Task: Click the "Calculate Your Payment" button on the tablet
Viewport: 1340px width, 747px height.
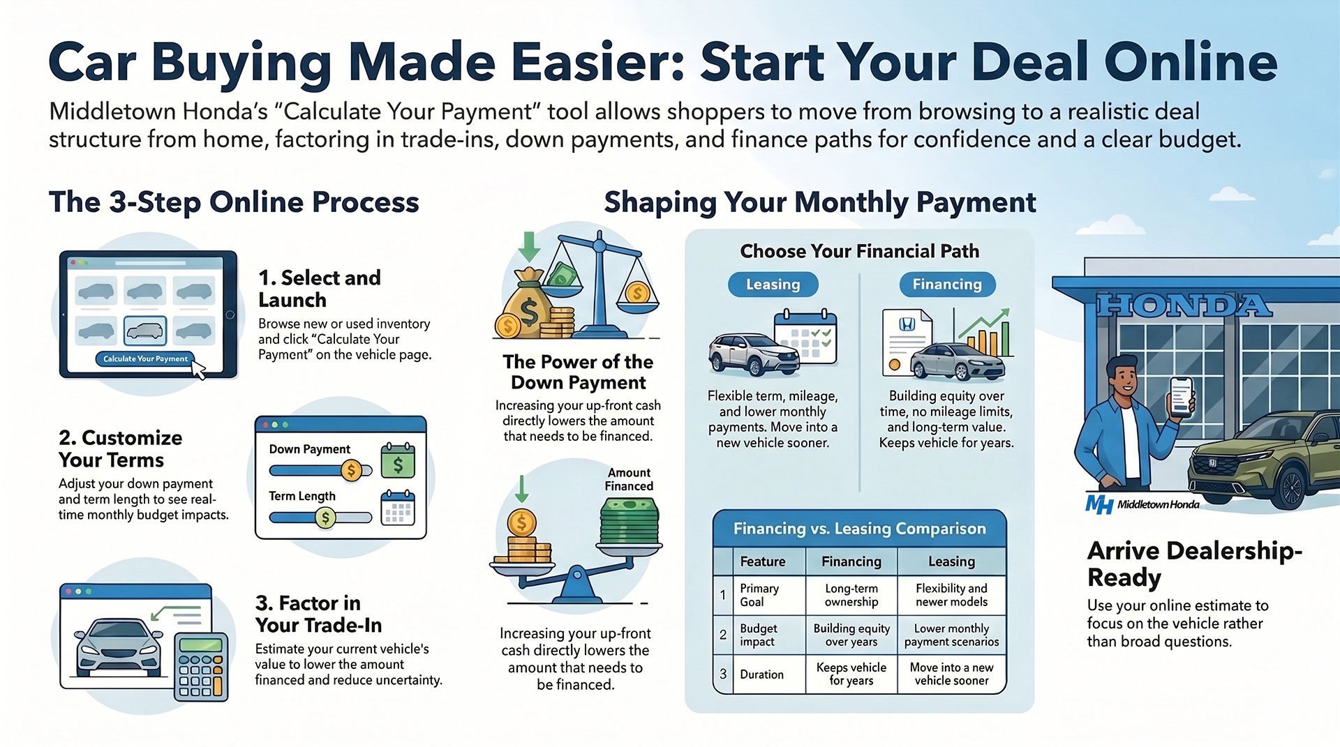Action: pos(145,359)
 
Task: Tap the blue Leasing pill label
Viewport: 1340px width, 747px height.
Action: pos(773,285)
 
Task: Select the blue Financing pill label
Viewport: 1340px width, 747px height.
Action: pos(946,285)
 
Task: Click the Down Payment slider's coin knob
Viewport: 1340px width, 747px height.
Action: pos(351,471)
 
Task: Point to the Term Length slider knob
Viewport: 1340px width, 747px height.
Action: pos(325,518)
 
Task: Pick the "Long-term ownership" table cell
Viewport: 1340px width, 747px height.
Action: pos(851,595)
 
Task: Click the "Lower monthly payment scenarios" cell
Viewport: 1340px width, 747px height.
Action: pos(951,635)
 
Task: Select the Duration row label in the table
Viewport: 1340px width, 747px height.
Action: pos(761,674)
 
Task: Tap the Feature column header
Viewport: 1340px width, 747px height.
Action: pos(762,561)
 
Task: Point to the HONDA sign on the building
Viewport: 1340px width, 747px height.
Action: pos(1184,305)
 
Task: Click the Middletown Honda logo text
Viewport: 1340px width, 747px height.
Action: pos(1158,504)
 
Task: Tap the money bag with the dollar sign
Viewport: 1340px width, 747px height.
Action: pos(529,307)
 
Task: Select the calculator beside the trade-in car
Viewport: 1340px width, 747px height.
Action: pos(201,665)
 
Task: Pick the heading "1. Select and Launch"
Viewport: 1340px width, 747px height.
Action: pos(320,289)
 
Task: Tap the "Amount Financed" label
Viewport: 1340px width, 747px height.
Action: pos(629,479)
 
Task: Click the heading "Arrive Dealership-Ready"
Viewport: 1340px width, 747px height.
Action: pos(1194,564)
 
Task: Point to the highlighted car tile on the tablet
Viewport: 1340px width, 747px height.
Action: pos(145,330)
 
